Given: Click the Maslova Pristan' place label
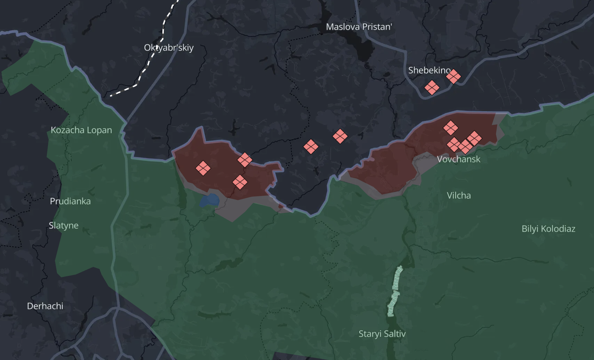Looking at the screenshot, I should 359,27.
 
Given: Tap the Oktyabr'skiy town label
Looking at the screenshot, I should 169,48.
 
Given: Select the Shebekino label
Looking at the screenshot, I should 429,70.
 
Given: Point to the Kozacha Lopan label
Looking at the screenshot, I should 81,130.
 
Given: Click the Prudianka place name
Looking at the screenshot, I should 70,201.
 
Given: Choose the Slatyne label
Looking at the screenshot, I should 64,226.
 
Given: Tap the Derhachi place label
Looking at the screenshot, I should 45,306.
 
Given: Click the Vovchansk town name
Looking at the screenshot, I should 458,159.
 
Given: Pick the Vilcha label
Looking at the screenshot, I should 459,196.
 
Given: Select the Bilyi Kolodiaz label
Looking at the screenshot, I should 548,229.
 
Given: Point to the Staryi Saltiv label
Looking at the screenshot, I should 382,334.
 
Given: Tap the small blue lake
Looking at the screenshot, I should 210,201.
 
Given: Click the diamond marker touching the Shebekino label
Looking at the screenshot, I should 453,76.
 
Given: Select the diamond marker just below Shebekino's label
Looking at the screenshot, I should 432,88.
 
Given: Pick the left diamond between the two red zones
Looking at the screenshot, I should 311,147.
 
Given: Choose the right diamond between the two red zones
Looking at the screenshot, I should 340,136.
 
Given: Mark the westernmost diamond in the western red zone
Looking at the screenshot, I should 203,168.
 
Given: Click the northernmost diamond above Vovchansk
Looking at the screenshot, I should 451,128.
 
